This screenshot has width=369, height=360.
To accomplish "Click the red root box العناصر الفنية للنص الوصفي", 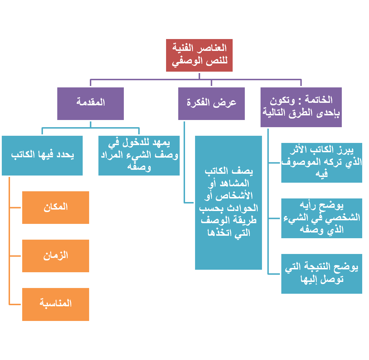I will [199, 55].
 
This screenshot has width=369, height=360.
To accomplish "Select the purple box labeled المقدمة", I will [91, 103].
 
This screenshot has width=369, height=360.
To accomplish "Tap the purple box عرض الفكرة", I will [212, 103].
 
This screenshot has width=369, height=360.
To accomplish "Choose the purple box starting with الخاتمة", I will [301, 107].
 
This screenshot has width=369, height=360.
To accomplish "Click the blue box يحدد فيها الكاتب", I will [42, 155].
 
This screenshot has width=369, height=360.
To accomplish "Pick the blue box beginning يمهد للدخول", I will [139, 155].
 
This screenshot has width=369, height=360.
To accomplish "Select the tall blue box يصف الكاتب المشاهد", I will [229, 202].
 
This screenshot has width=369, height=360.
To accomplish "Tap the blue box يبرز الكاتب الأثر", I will [322, 163].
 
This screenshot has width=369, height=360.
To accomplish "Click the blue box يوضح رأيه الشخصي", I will [322, 218].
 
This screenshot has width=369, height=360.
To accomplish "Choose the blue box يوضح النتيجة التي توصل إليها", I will [322, 273].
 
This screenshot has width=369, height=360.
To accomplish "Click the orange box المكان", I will [55, 207].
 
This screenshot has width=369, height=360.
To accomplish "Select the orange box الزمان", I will [55, 256].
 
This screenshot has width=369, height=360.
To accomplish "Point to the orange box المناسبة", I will [55, 304].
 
